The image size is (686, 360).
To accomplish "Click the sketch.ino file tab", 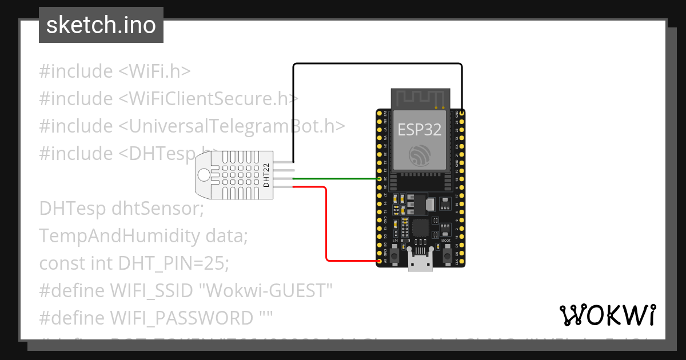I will (101, 25).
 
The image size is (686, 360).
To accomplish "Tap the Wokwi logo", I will (607, 315).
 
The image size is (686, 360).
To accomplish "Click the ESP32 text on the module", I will (420, 129).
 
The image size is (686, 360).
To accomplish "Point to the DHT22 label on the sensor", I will (266, 175).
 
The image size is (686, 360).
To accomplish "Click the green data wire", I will (337, 179).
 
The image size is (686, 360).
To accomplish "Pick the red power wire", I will (326, 229).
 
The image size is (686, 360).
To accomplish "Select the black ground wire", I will (377, 63).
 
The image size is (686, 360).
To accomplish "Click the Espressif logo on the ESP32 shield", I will (420, 154).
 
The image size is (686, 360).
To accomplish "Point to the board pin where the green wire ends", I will (380, 179).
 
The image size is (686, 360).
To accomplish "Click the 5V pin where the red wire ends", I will (380, 261).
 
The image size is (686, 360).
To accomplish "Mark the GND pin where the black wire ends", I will (461, 114).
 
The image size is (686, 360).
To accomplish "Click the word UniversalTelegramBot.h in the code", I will (232, 126).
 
